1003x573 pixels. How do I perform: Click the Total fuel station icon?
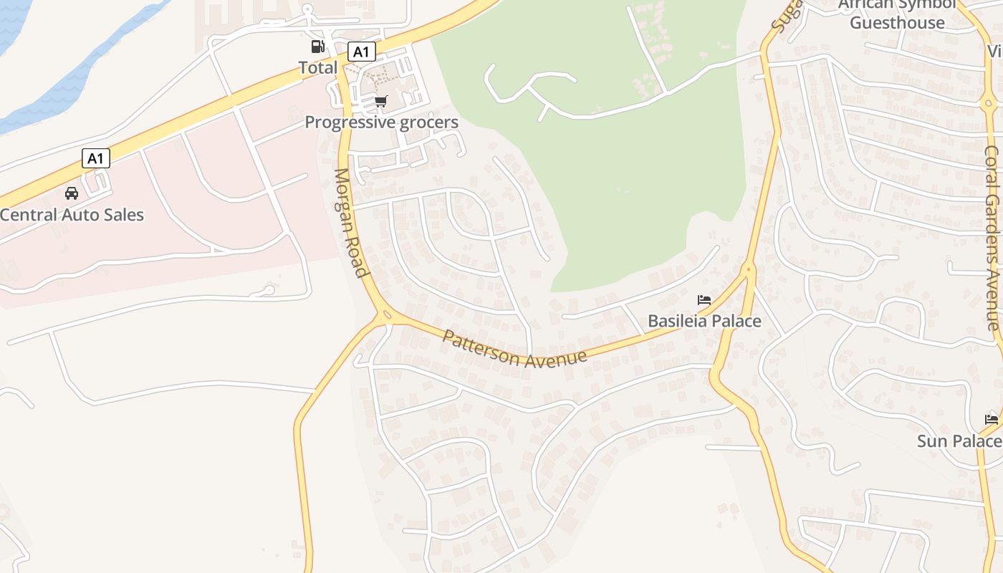[x=317, y=47]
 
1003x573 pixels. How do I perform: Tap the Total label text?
[x=317, y=67]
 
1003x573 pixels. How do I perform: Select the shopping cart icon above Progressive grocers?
[x=380, y=102]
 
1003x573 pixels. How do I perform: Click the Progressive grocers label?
[x=381, y=122]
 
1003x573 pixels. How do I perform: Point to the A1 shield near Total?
[x=361, y=52]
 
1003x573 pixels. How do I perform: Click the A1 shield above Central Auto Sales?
[x=96, y=158]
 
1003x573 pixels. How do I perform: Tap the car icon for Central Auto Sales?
[x=72, y=193]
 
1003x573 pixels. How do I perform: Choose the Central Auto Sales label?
[x=72, y=214]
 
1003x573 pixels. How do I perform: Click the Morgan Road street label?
[x=351, y=222]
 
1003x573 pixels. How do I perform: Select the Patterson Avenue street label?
[x=514, y=349]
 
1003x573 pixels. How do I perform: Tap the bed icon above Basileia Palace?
[x=704, y=300]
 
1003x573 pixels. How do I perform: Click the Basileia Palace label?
[x=704, y=321]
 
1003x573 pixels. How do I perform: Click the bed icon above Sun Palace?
[x=992, y=419]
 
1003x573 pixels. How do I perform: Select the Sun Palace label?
[x=959, y=440]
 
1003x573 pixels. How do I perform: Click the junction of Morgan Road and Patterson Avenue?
[x=385, y=314]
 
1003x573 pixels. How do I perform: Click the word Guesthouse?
[x=897, y=23]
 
